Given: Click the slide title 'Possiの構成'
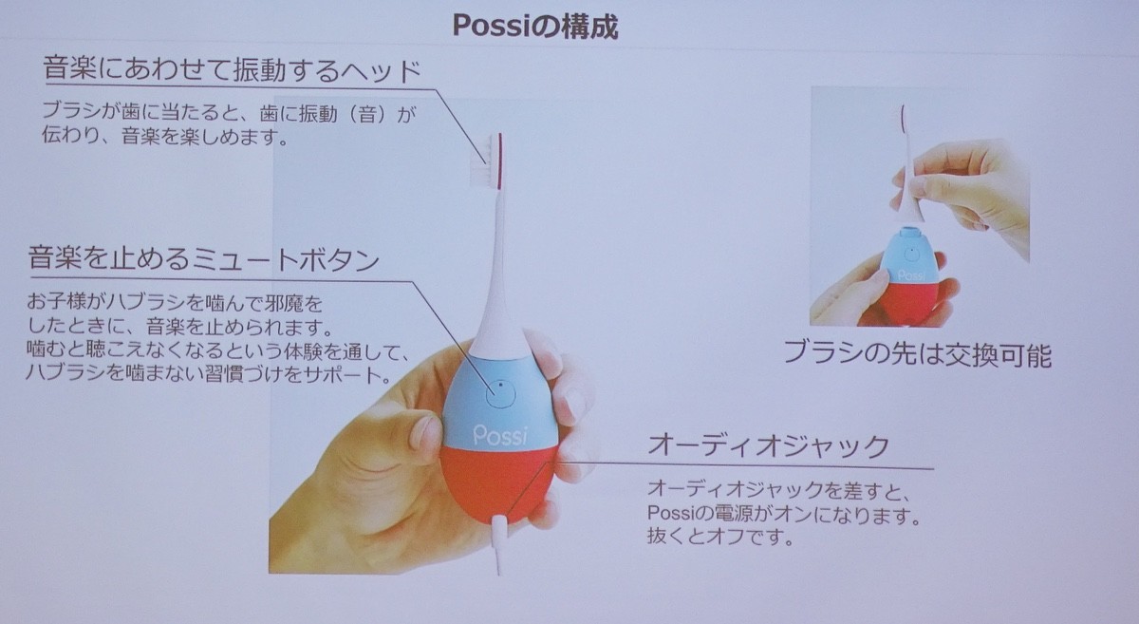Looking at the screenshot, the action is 535,27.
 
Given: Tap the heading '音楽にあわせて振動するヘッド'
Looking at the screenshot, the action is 233,70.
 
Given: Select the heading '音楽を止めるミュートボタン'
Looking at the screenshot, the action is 204,259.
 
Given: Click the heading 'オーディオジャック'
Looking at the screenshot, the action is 769,446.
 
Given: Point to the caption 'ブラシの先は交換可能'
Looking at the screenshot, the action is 917,354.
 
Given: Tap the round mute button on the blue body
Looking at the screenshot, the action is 500,393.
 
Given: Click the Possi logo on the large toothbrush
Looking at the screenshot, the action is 500,436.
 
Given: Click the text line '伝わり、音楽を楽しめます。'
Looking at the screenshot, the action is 166,137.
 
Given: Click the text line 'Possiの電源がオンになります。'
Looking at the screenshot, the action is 785,514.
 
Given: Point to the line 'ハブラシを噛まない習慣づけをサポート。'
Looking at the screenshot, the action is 209,375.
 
